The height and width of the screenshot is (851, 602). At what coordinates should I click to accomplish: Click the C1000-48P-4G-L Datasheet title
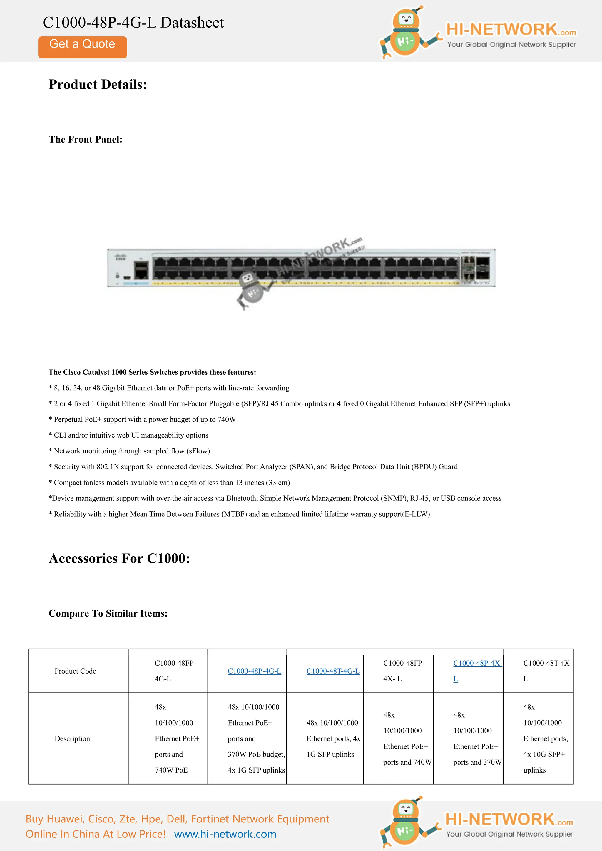tap(133, 23)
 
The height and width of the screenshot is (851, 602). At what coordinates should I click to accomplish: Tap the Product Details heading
tap(98, 85)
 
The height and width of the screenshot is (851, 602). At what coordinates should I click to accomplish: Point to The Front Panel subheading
tap(85, 139)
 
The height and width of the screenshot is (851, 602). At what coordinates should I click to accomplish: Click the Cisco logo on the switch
tap(121, 257)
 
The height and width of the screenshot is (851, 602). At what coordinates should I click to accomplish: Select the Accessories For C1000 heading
tap(119, 558)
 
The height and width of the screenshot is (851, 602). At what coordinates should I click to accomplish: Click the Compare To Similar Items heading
tap(108, 613)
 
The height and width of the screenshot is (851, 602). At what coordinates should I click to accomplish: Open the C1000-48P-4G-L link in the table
tap(254, 671)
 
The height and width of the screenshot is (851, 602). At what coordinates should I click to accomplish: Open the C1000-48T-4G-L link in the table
tap(333, 671)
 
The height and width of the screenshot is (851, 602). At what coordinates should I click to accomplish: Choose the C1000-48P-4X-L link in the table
tap(477, 663)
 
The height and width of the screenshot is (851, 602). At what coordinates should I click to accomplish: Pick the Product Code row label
tap(75, 671)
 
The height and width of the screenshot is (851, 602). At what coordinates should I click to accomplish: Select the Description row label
tap(72, 738)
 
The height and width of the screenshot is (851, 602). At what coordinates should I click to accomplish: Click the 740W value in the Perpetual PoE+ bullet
tap(227, 420)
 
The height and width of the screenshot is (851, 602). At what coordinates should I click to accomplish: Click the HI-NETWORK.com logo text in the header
tap(511, 30)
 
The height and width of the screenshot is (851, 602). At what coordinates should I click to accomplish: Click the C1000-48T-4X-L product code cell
tap(547, 671)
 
